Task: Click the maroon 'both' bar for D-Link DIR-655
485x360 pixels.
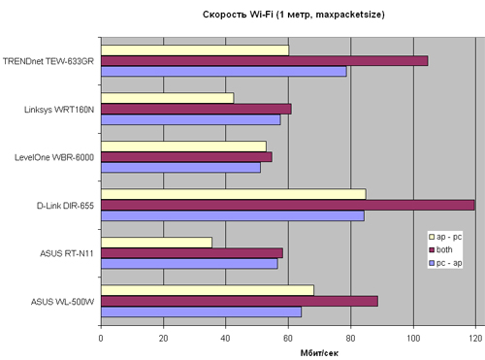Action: (288, 205)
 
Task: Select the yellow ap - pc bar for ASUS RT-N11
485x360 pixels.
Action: (156, 243)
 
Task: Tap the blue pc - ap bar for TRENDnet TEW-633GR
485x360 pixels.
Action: (224, 72)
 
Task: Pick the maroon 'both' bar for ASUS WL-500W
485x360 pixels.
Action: (240, 301)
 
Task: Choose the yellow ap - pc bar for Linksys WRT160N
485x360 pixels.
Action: (168, 98)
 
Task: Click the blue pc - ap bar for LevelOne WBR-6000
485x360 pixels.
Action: (180, 168)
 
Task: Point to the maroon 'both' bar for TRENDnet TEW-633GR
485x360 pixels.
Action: (265, 61)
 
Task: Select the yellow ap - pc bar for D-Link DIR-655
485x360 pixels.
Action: (234, 194)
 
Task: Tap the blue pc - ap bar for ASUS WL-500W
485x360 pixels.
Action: (201, 312)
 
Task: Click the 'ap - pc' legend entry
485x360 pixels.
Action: (445, 237)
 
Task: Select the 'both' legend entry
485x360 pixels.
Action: (440, 249)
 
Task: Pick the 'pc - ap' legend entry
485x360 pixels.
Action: (445, 263)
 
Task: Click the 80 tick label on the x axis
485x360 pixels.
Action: (350, 339)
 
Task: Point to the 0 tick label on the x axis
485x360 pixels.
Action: (101, 339)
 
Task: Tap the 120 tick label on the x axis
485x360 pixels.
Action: (475, 339)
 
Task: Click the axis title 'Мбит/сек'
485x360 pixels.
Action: (319, 353)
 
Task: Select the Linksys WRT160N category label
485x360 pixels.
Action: (59, 110)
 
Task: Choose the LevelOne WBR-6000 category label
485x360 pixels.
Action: (54, 157)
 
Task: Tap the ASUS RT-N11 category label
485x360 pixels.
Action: (67, 253)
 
